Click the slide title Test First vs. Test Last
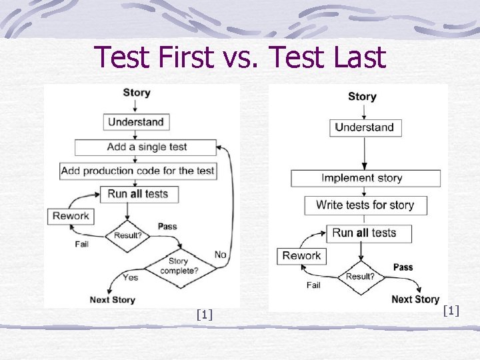click(240, 57)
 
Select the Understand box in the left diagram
click(136, 122)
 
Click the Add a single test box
click(145, 147)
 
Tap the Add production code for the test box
click(137, 171)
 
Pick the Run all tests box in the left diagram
click(138, 194)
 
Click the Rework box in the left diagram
click(71, 216)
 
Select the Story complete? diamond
click(178, 266)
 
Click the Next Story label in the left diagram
click(113, 299)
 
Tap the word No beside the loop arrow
click(221, 255)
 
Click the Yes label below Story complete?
click(130, 277)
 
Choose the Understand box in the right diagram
click(365, 127)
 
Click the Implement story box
click(365, 178)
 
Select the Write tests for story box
click(365, 205)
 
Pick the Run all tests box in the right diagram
click(368, 233)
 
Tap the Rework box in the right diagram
click(301, 256)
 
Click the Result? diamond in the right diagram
click(360, 276)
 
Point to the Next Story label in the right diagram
click(415, 299)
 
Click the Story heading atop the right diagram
click(362, 97)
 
